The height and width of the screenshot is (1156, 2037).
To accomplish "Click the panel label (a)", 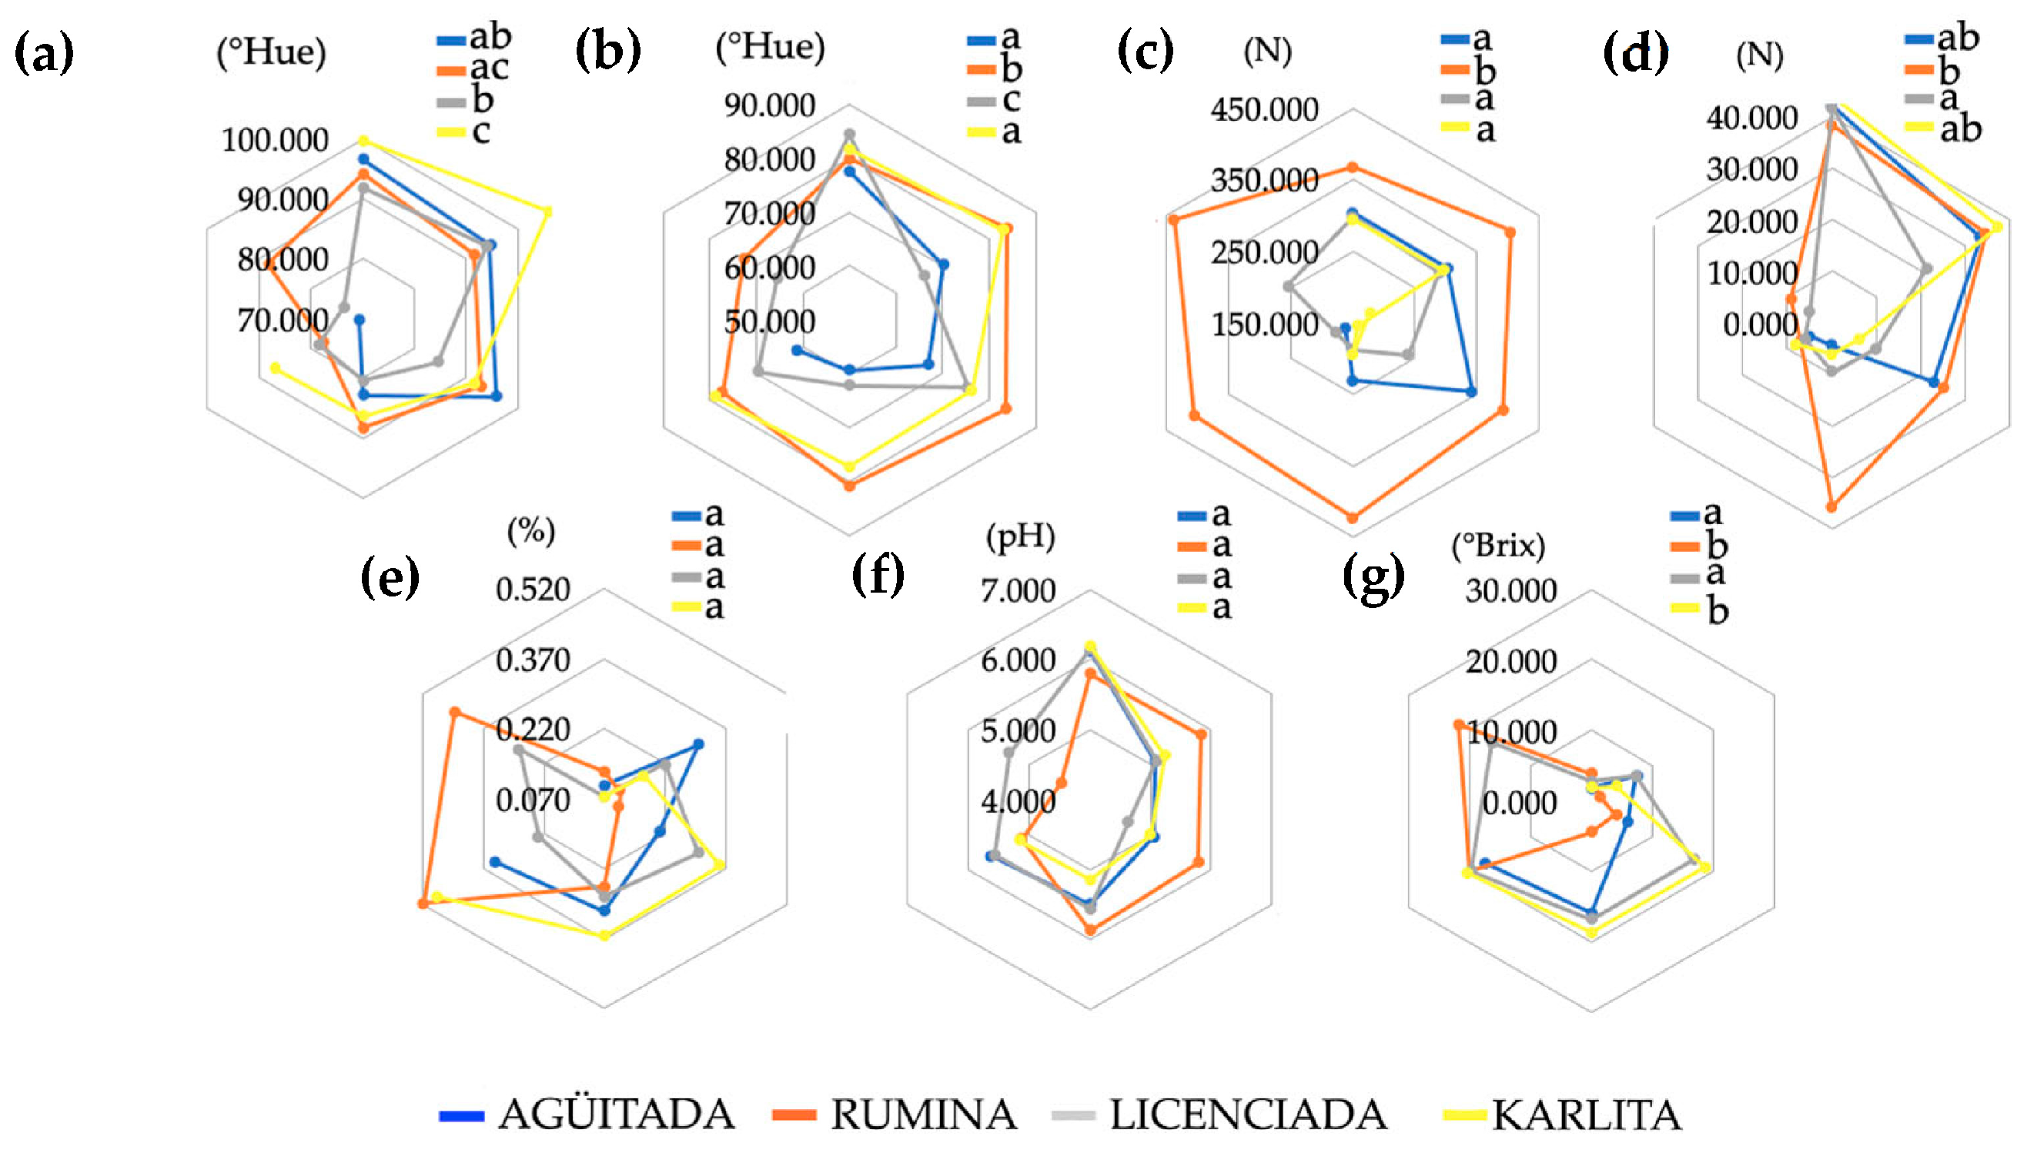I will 45,52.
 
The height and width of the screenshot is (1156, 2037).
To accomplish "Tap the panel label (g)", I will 1373,576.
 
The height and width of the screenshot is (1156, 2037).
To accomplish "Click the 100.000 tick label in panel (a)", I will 275,141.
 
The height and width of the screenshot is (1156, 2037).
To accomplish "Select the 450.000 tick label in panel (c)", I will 1264,109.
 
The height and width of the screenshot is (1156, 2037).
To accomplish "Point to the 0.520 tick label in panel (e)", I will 533,589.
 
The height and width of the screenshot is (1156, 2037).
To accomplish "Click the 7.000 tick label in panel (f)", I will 1018,591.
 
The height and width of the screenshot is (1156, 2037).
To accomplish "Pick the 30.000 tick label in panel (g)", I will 1510,591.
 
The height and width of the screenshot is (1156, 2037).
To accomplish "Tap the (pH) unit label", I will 1021,536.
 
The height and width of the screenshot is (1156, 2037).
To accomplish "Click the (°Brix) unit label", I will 1498,546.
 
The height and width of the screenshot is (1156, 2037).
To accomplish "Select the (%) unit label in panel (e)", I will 531,530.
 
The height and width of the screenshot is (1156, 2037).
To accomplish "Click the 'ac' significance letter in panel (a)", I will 488,68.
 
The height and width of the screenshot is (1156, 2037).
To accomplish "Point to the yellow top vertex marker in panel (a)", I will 363,141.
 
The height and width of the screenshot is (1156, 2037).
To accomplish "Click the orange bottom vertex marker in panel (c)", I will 1353,518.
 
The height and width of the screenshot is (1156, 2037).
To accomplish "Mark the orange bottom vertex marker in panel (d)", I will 1831,506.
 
